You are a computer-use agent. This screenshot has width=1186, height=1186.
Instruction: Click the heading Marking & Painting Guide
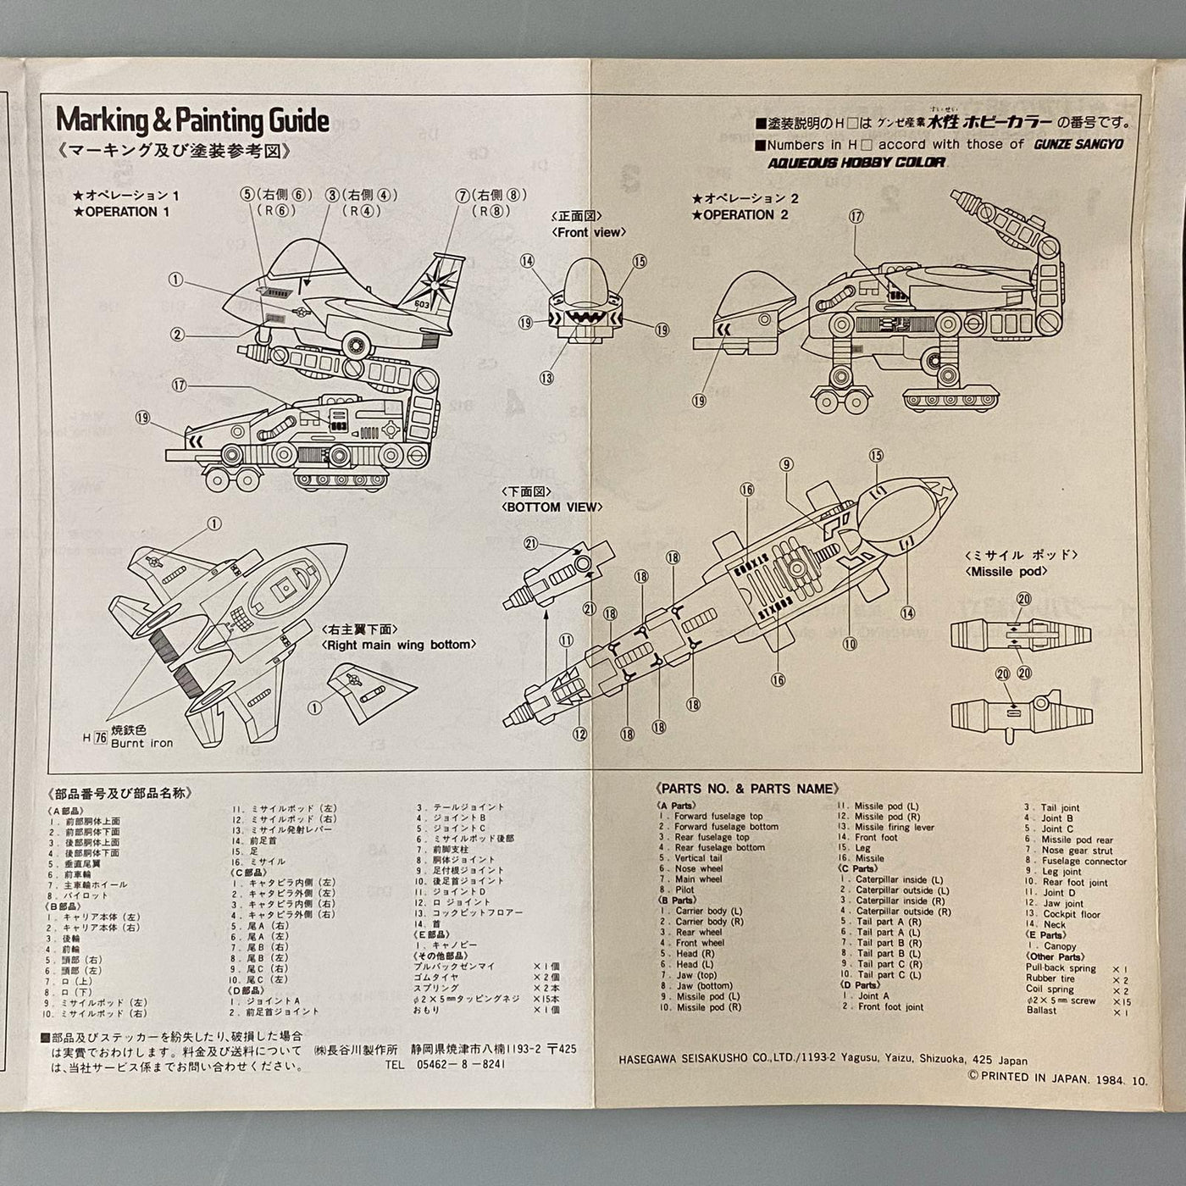[192, 121]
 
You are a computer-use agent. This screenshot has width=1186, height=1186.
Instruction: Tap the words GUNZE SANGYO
[1078, 144]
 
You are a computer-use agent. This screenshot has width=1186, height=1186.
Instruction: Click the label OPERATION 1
[127, 212]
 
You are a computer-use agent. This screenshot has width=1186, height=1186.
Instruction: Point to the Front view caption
[589, 232]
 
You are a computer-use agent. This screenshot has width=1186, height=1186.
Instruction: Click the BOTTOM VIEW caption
[552, 507]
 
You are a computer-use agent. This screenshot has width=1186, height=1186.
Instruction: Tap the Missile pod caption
[1006, 571]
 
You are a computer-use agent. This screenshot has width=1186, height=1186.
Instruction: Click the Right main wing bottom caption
[397, 645]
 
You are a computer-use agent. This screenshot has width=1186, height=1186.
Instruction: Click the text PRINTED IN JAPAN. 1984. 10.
[1063, 1080]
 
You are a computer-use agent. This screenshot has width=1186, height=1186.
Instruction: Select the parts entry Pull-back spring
[1061, 968]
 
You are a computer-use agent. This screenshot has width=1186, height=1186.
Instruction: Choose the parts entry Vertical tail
[696, 858]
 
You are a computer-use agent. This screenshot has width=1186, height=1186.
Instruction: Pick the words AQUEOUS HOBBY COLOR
[856, 163]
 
